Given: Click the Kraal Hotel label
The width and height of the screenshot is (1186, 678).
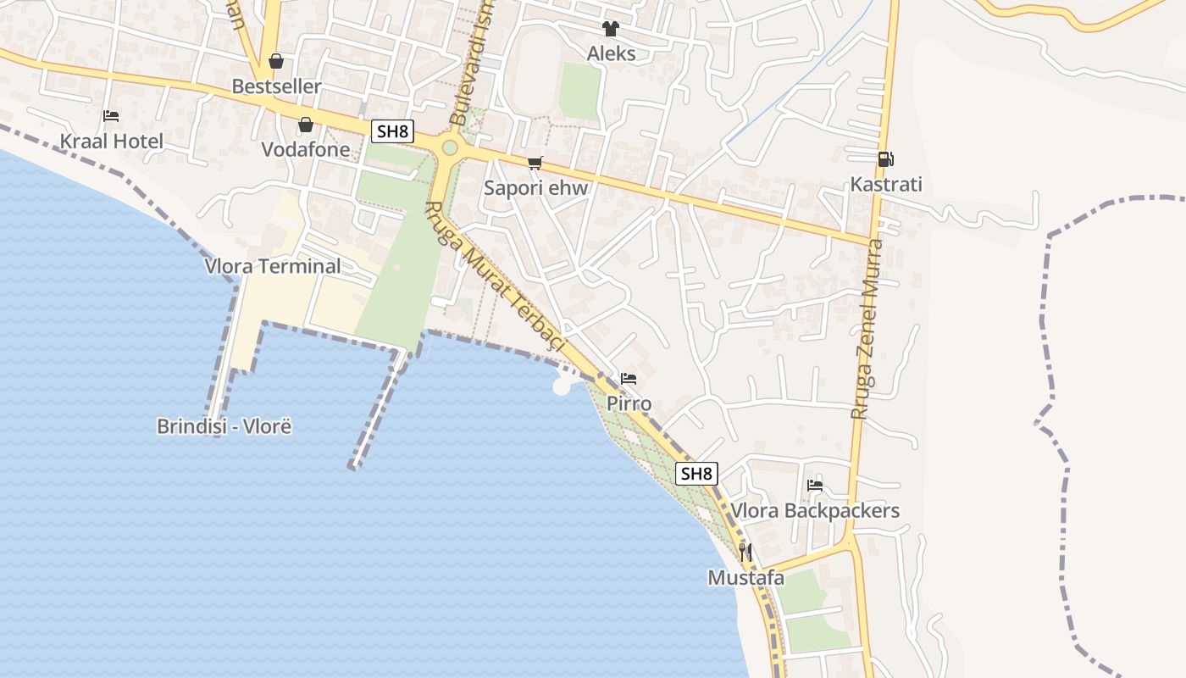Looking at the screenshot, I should coord(111,141).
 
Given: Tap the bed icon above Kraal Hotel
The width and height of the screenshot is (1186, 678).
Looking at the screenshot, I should coord(111,116).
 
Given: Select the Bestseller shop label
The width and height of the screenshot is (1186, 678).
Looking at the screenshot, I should coord(276,86).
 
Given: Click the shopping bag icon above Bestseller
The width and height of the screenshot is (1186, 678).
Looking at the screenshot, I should coord(276,61).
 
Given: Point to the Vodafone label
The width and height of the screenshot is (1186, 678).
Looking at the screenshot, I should coord(305,149).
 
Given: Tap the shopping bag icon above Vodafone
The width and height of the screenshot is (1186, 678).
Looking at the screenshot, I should coord(305,125).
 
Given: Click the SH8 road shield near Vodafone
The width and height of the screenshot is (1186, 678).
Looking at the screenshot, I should coord(392,131).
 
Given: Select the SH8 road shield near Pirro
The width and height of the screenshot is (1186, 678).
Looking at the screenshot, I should coord(696,474).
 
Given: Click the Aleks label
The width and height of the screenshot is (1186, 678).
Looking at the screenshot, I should coord(611,53).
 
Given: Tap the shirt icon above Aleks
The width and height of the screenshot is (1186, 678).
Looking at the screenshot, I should coord(611,29).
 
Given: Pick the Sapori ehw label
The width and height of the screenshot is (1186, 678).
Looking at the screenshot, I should coord(535,188).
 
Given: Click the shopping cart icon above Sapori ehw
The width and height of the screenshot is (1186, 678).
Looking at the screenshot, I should coord(535,163).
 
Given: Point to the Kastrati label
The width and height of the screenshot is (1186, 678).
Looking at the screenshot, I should coord(886,184).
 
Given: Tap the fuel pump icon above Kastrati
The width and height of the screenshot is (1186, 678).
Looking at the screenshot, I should coord(885,158).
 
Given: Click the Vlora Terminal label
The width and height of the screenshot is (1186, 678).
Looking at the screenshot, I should coord(273,266).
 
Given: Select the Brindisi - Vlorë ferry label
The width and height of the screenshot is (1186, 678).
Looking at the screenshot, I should coord(224,425).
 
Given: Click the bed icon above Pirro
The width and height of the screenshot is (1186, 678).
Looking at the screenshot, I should coord(629,379).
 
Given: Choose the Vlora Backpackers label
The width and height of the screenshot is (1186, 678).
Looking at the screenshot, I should coord(815,510).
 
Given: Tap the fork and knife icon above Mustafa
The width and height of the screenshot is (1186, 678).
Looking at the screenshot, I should coord(745,553).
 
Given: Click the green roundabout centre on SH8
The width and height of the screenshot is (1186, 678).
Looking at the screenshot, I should coord(450,147).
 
